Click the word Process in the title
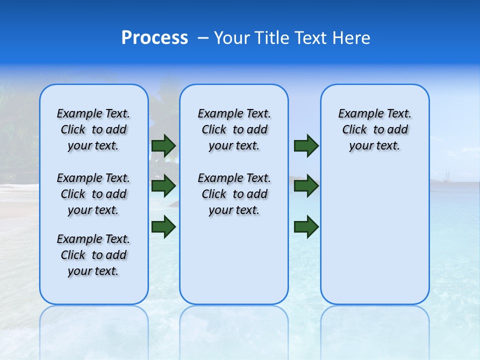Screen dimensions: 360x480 click(x=154, y=38)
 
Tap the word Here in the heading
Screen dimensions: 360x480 click(x=352, y=38)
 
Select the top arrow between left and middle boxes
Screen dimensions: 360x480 click(x=163, y=145)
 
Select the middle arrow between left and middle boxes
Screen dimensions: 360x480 click(x=163, y=186)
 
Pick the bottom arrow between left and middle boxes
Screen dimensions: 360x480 click(x=163, y=227)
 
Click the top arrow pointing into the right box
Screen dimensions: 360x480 click(x=306, y=145)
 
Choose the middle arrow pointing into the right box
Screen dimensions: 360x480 click(x=306, y=186)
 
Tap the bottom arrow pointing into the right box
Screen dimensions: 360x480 click(x=306, y=227)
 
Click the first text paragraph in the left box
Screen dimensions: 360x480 click(x=93, y=129)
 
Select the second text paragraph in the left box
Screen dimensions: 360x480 click(x=93, y=194)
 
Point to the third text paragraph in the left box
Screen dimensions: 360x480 click(x=93, y=255)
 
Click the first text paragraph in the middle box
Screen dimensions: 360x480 click(x=234, y=129)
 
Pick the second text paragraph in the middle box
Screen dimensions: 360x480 click(x=234, y=194)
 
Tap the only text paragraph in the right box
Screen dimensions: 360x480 click(x=374, y=129)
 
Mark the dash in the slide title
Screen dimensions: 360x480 click(x=203, y=38)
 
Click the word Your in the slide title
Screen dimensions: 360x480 click(x=231, y=38)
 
